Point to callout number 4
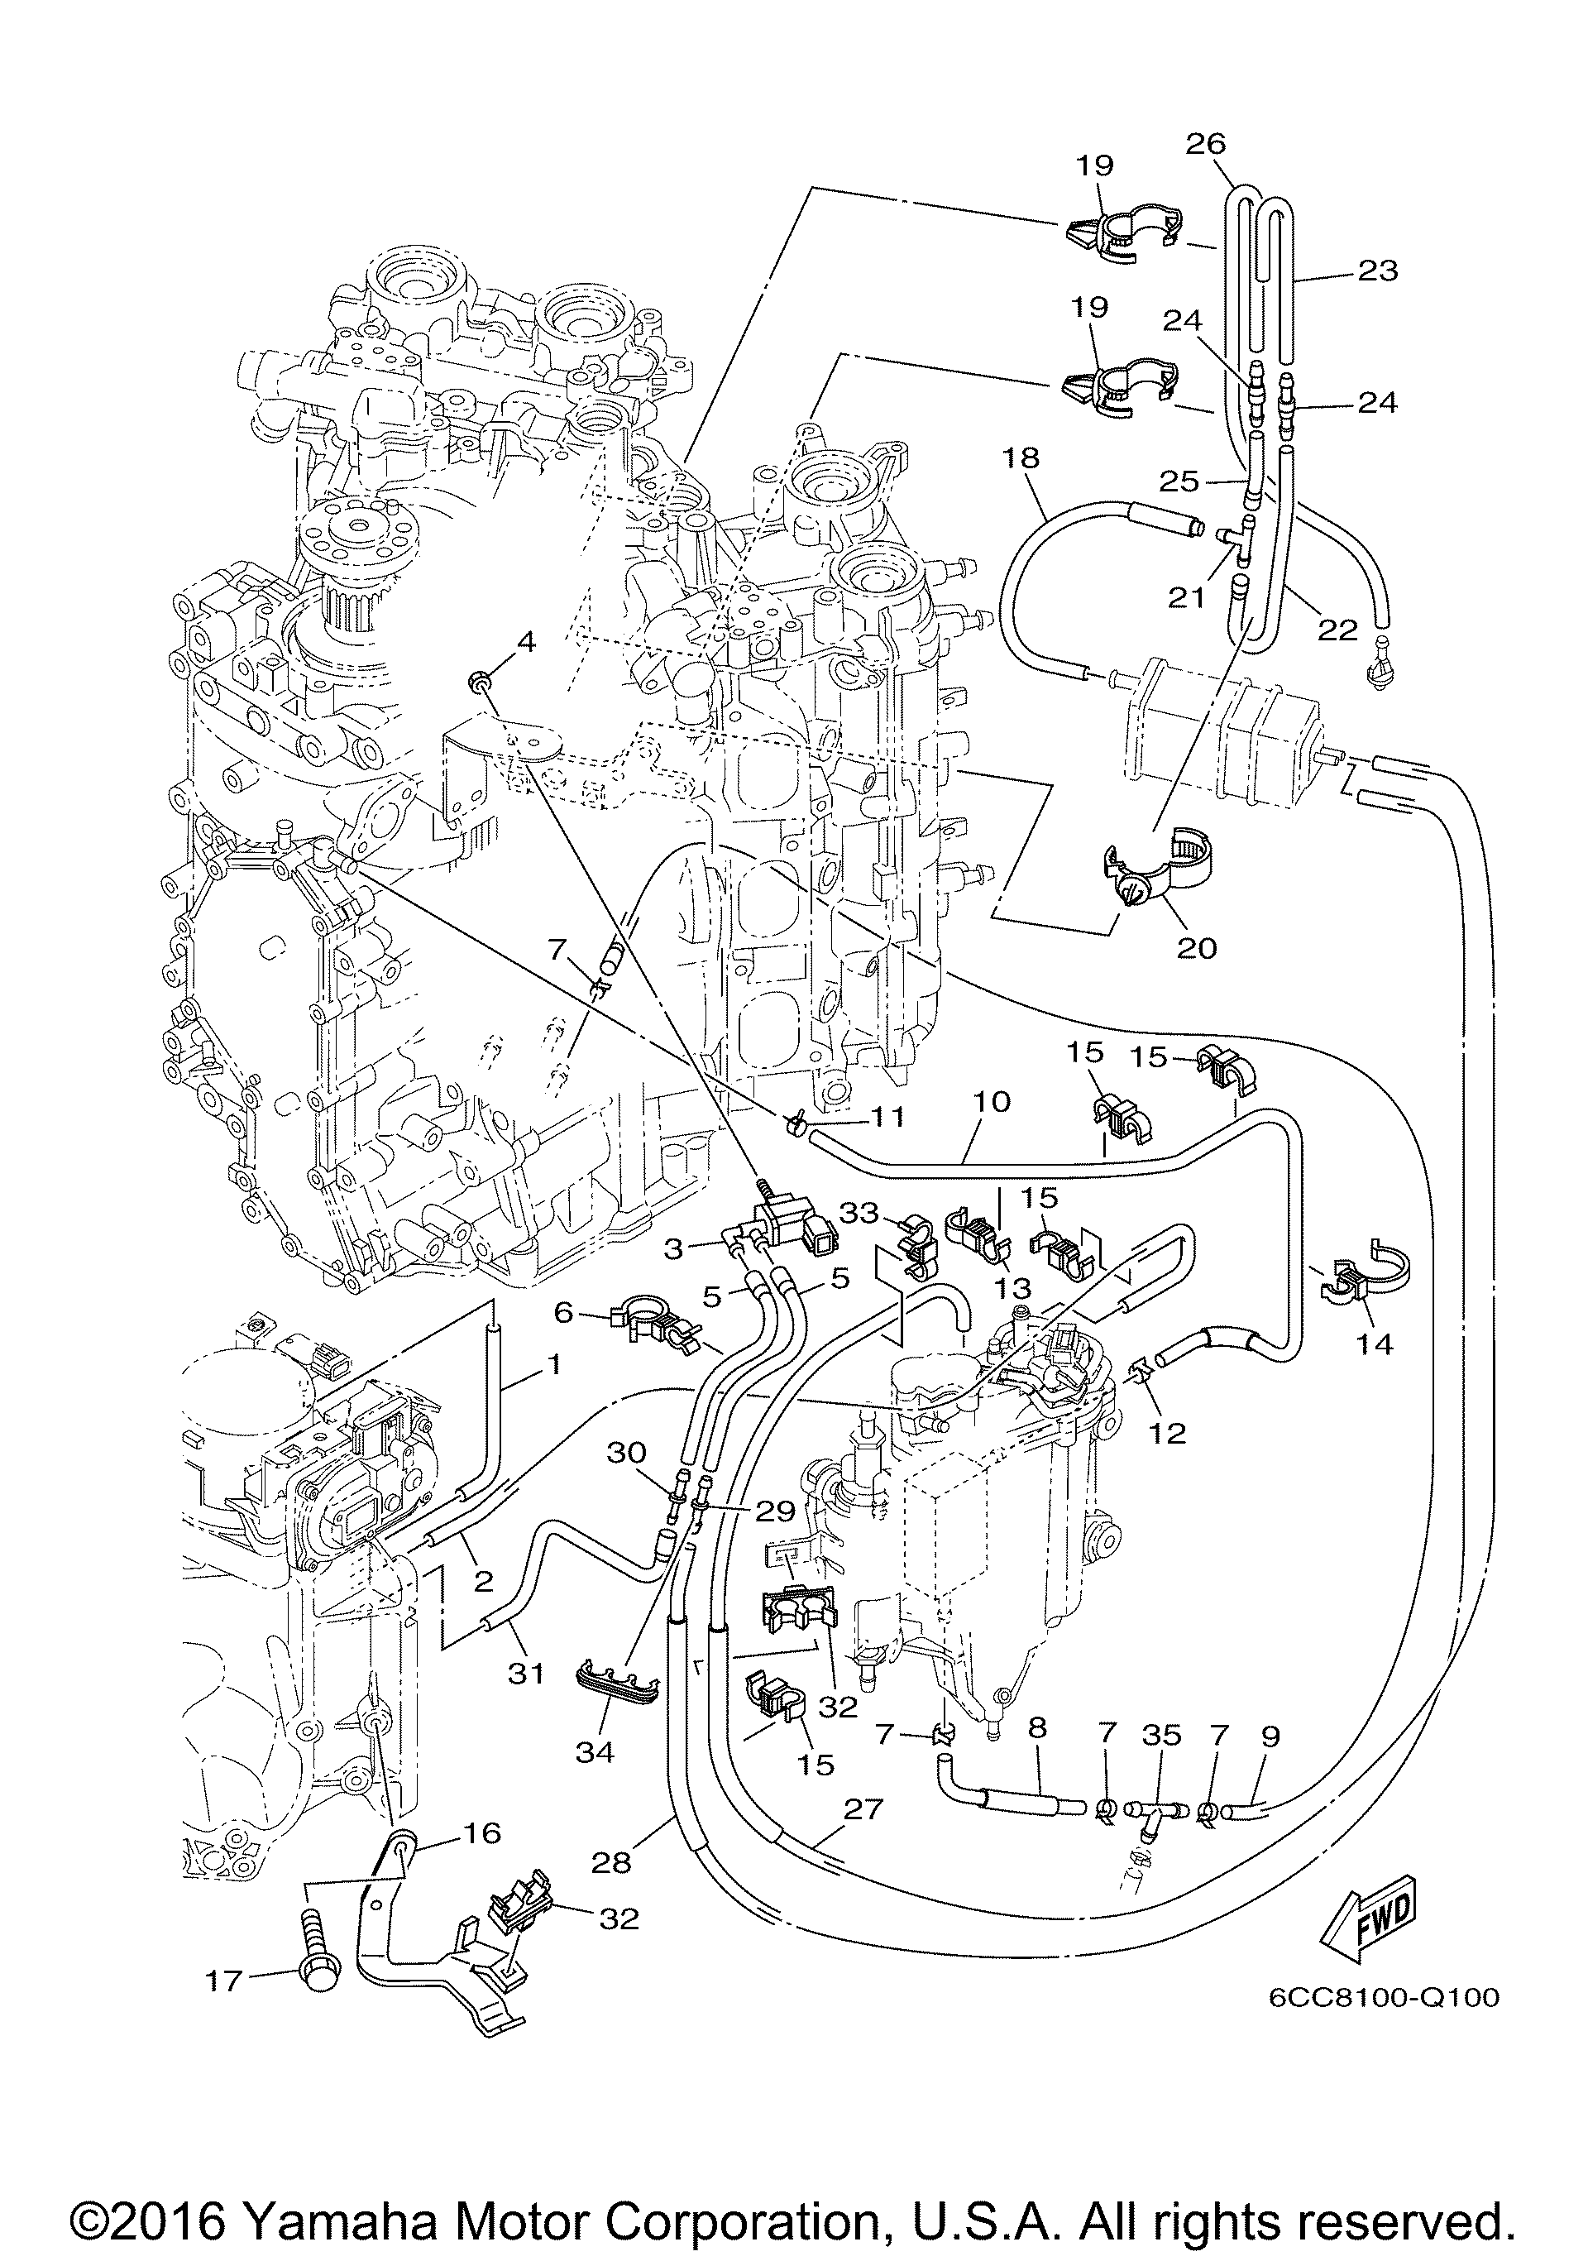[x=526, y=642]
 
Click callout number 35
[x=1163, y=1735]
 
